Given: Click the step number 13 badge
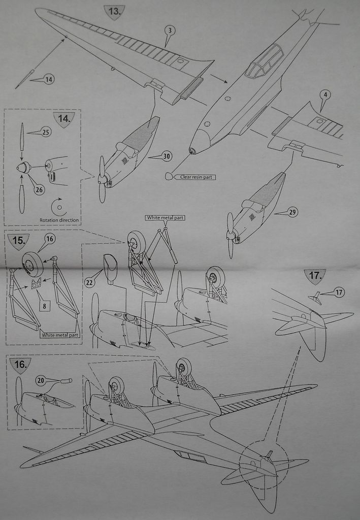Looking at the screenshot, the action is point(114,12).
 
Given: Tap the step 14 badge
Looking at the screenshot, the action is point(64,119).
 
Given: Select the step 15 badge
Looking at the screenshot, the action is point(19,241).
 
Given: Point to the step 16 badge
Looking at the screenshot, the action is point(20,365).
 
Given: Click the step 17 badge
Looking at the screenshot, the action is point(315,276).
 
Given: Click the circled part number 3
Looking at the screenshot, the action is point(170,31).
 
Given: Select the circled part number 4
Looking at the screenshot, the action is point(325,95).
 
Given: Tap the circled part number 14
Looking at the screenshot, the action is point(49,80).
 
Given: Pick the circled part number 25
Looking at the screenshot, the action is point(46,133).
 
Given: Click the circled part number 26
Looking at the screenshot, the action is point(39,190).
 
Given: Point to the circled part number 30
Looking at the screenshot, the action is point(167,156).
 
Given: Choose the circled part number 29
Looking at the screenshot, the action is point(292,212).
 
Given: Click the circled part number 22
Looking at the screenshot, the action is point(89,282).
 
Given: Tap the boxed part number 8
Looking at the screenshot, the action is point(45,306).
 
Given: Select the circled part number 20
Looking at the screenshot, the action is point(41,380).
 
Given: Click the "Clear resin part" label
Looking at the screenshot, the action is point(196,177).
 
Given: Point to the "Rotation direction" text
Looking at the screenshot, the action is point(59,220).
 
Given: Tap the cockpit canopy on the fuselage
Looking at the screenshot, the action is point(265,61).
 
